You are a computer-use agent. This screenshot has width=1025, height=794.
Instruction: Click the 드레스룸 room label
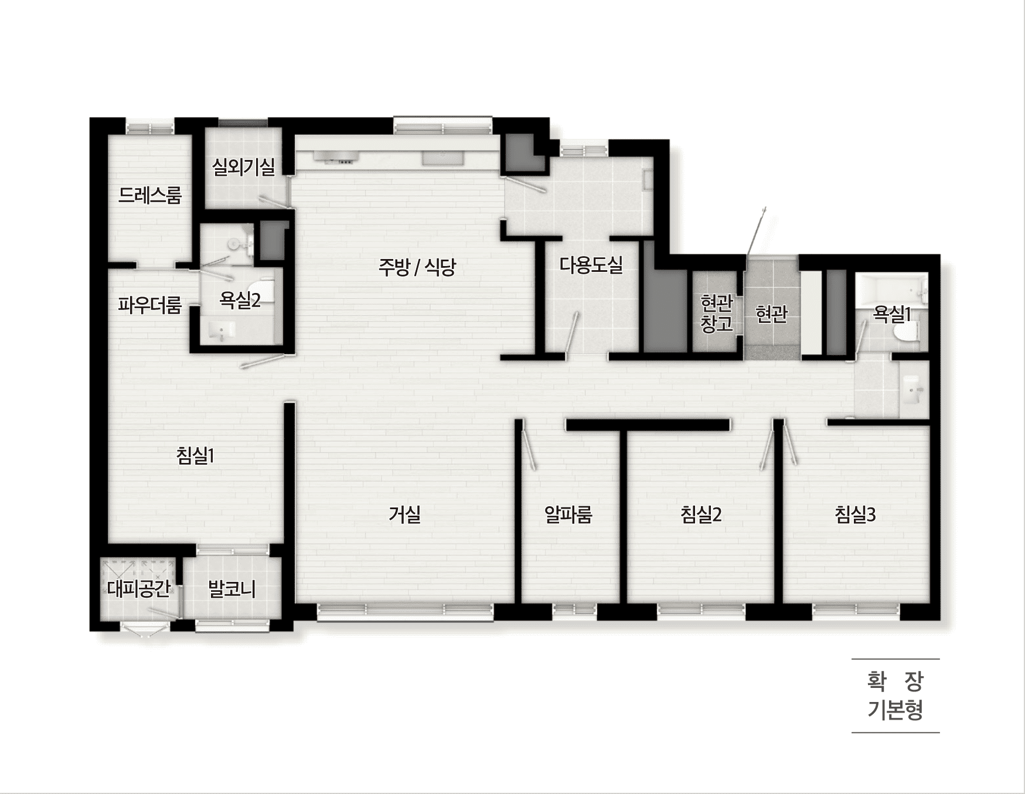coord(150,195)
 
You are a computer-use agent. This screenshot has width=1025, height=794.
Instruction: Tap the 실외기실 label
coord(243,167)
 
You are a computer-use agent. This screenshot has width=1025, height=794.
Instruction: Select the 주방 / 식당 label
coord(417,267)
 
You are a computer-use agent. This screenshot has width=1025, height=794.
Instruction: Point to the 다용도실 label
coord(591,265)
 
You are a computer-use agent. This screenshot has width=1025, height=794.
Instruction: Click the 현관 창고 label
coord(717,313)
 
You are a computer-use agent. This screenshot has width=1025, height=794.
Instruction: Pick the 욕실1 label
coord(892,314)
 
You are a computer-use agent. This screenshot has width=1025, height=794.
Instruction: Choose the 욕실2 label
coord(240,300)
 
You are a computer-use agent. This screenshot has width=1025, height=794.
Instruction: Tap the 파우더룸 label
coord(149,305)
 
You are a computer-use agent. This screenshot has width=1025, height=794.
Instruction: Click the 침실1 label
coord(195,455)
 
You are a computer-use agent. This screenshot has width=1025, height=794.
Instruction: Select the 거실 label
coord(404,514)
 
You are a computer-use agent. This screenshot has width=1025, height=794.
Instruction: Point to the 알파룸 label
coord(568,514)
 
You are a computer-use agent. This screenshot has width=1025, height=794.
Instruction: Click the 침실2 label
coord(701,514)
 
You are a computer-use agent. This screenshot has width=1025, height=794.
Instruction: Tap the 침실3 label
coord(855,514)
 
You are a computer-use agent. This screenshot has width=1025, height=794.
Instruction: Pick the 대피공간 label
coord(139,588)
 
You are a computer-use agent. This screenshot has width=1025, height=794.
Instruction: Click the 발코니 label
coord(232,589)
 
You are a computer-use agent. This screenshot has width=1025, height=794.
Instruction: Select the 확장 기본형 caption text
coord(895,696)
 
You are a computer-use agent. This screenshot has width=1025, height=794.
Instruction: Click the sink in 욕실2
coord(219,331)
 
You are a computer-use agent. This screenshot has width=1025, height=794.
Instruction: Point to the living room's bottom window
coord(406,612)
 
